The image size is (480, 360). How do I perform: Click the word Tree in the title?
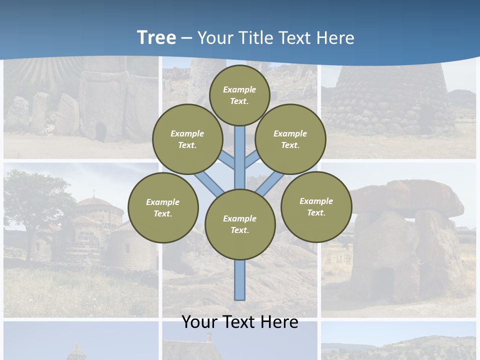156,38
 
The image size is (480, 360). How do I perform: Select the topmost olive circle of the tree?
239,95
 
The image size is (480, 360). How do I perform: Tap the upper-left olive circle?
187,139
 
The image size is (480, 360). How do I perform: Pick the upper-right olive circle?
290,139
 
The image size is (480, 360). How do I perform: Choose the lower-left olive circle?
163,207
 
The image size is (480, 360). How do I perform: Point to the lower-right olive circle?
316,206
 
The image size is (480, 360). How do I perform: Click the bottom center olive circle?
240,224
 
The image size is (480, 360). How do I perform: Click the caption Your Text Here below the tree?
240,322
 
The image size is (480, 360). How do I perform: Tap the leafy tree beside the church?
35,200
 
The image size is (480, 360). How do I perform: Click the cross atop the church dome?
93,192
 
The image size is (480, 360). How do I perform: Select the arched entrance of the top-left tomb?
100,132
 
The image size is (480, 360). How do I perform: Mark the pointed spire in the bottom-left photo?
76,350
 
